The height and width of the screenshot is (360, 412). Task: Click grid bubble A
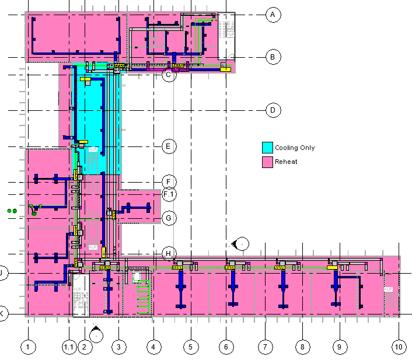[273, 15]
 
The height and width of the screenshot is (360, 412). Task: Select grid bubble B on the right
[273, 57]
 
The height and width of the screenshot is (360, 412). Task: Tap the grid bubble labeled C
[169, 75]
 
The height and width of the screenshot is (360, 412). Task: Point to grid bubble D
[273, 110]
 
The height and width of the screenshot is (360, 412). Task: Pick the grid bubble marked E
[169, 146]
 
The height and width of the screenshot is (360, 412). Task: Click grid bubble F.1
[169, 194]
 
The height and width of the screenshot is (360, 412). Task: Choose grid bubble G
[169, 218]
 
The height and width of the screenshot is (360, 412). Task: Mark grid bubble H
[169, 253]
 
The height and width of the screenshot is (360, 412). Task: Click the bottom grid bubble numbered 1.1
[69, 347]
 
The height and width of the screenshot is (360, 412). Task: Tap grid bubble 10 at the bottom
[399, 347]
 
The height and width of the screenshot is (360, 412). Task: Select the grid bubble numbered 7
[264, 347]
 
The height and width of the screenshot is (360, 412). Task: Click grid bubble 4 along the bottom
[153, 347]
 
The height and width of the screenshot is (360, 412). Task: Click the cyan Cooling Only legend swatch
[267, 148]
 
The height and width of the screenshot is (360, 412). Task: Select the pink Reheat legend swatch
[267, 161]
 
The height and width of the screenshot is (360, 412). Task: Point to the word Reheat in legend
[286, 162]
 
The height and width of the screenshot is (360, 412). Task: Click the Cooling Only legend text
[295, 148]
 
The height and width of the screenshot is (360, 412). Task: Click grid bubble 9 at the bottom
[338, 347]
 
